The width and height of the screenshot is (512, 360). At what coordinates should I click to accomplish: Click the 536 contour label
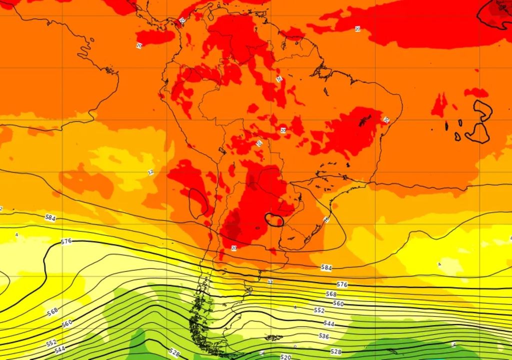click(324, 336)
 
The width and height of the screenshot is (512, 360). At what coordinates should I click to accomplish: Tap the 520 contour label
click(285, 357)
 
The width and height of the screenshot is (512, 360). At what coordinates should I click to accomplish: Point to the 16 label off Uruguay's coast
click(326, 219)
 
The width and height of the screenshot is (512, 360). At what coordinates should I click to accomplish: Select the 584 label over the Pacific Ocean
click(50, 217)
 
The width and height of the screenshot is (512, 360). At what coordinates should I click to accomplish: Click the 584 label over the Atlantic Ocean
click(326, 268)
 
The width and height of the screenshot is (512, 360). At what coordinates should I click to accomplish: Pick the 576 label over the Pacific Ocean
click(66, 241)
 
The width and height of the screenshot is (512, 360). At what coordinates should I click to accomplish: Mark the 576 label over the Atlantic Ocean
click(342, 284)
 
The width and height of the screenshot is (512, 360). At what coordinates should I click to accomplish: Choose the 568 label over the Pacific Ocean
click(52, 312)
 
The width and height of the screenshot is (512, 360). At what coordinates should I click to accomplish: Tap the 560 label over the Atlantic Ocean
click(338, 303)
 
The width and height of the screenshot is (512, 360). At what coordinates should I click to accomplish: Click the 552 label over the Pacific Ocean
click(51, 343)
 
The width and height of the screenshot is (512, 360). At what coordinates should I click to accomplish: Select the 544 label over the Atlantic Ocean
click(328, 323)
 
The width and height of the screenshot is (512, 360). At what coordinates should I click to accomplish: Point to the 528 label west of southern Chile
click(174, 352)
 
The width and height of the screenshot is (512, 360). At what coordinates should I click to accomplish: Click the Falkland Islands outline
click(273, 338)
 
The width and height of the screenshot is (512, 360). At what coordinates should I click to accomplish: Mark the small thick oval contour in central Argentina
click(274, 219)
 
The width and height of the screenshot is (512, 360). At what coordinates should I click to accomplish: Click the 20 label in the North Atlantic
click(357, 29)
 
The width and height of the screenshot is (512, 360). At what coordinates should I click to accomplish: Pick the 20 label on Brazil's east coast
click(386, 119)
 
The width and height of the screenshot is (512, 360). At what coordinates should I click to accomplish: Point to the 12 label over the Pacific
click(150, 172)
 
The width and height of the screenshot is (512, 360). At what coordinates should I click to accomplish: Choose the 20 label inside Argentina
click(233, 248)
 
